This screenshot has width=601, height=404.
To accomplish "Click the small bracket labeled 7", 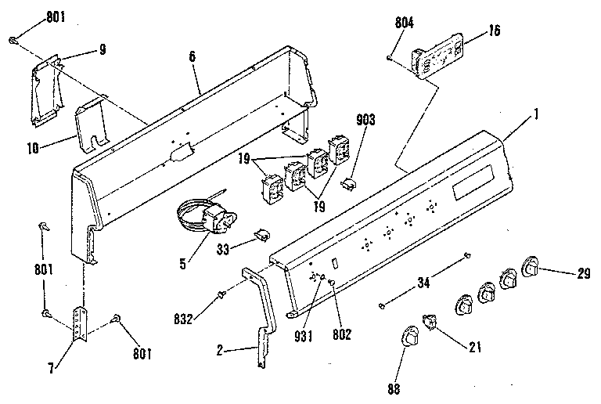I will pyautogui.click(x=79, y=323).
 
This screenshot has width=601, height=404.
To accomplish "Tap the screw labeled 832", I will pyautogui.click(x=221, y=294).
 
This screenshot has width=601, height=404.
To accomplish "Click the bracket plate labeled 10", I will pyautogui.click(x=91, y=123).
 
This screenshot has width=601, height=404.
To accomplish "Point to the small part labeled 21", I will pyautogui.click(x=430, y=322).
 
